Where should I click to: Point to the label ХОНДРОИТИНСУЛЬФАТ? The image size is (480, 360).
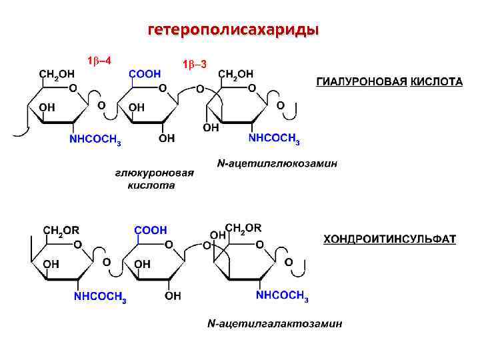tap(389, 239)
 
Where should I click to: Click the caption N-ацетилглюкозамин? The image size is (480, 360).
tap(277, 163)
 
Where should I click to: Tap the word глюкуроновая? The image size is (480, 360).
tap(155, 173)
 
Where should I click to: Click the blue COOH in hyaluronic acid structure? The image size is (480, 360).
tap(145, 73)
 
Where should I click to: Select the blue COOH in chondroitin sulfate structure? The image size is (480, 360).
tap(150, 230)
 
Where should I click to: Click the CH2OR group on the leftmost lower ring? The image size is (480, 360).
tap(61, 230)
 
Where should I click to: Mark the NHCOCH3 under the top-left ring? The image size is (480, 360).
tap(95, 140)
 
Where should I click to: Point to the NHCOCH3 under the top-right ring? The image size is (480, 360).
tap(274, 139)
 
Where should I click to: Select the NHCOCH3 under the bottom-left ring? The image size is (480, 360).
tap(100, 297)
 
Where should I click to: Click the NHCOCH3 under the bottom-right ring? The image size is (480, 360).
tap(282, 295)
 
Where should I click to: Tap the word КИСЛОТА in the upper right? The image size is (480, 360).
tap(436, 81)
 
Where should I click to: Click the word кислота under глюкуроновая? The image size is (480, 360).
tap(151, 185)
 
